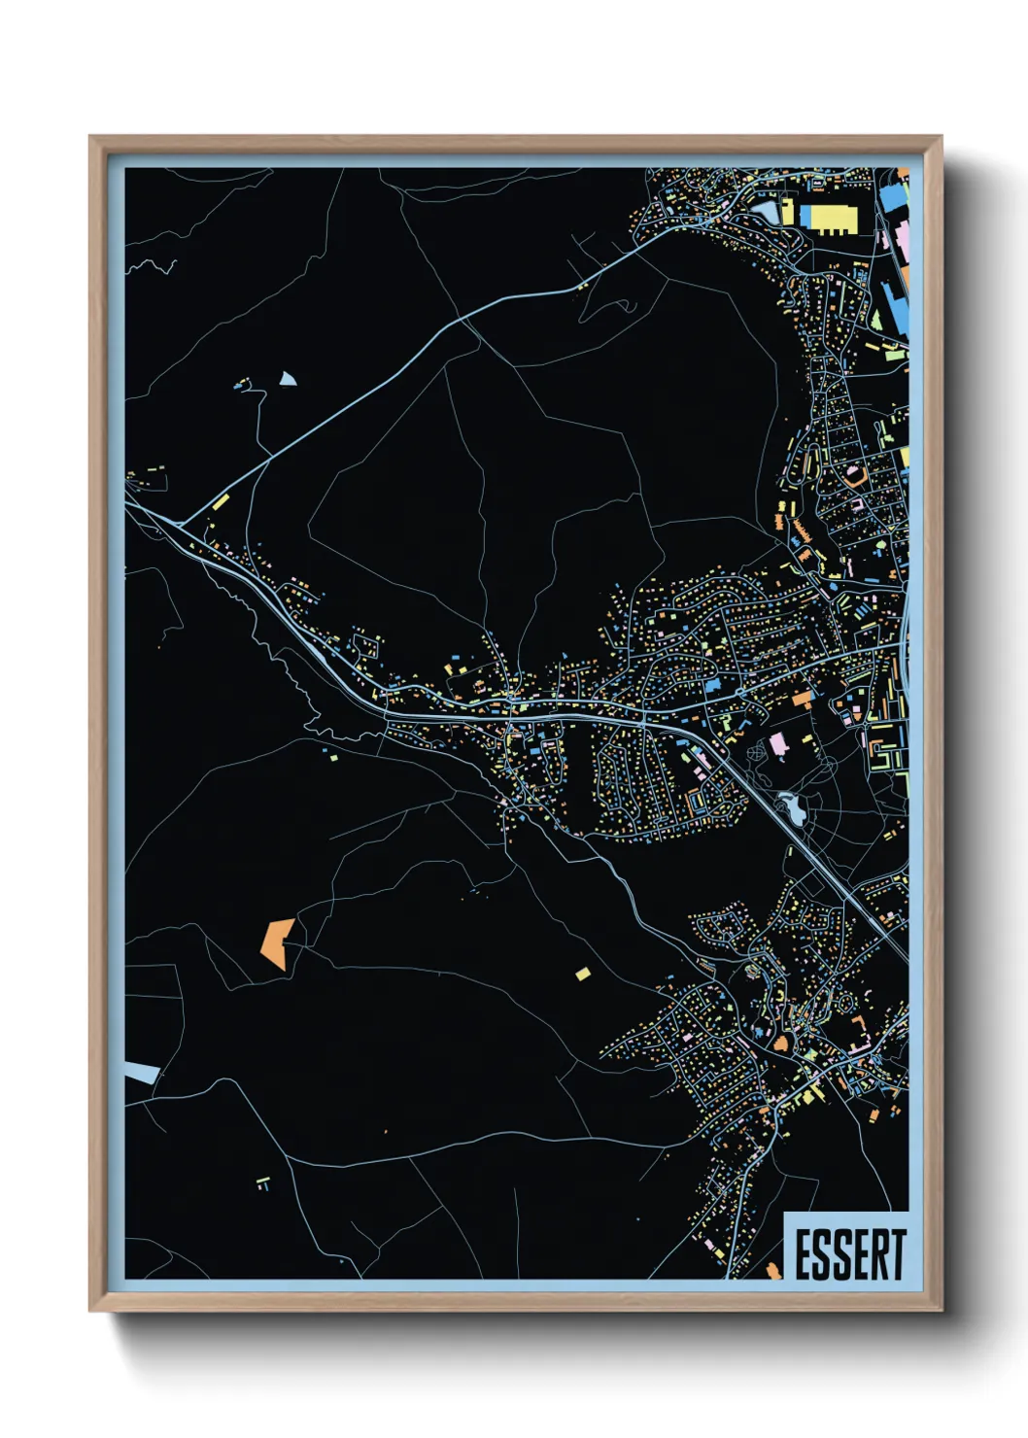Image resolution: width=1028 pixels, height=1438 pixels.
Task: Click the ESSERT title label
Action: click(x=850, y=1254)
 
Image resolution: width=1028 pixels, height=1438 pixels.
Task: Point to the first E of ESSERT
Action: click(x=805, y=1254)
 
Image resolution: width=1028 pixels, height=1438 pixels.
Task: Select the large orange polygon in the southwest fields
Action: click(x=277, y=942)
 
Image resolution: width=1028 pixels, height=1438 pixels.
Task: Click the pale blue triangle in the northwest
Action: click(x=287, y=379)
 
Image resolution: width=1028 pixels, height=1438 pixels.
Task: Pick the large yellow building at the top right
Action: click(x=828, y=219)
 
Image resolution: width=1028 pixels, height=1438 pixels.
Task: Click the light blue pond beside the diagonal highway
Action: click(x=788, y=805)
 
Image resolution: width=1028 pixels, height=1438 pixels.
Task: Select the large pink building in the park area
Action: click(x=778, y=746)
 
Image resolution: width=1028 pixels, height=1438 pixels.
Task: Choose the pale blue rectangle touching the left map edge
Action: click(x=142, y=1073)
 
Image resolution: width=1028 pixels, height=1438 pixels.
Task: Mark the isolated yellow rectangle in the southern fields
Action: click(x=583, y=973)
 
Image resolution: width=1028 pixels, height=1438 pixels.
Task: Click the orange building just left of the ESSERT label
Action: click(x=773, y=1270)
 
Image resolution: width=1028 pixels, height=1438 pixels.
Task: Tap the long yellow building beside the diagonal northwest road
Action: click(x=221, y=502)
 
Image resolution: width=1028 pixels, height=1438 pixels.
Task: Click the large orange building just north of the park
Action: click(x=802, y=698)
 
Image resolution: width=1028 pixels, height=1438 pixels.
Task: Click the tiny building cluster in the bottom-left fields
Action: click(x=262, y=1182)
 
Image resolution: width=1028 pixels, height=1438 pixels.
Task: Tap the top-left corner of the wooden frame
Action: click(x=91, y=138)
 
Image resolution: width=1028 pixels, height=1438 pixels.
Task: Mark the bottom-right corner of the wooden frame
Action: click(x=941, y=1310)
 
